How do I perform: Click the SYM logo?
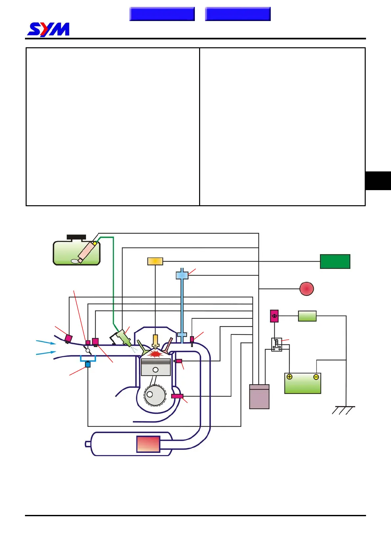pyautogui.click(x=48, y=29)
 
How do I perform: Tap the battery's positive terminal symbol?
pyautogui.click(x=289, y=377)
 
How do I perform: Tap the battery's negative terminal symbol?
pyautogui.click(x=316, y=377)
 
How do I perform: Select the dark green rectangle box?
pyautogui.click(x=335, y=261)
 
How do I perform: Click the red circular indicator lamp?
pyautogui.click(x=307, y=289)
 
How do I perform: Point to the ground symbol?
pyautogui.click(x=343, y=409)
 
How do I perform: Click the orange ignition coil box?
pyautogui.click(x=155, y=261)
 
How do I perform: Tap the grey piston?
pyautogui.click(x=156, y=367)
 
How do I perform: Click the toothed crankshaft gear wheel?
pyautogui.click(x=155, y=395)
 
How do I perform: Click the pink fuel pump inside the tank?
pyautogui.click(x=87, y=251)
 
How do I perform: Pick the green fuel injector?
pyautogui.click(x=123, y=338)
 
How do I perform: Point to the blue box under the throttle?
pyautogui.click(x=88, y=365)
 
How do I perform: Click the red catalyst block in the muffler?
pyautogui.click(x=148, y=444)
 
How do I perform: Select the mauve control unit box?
pyautogui.click(x=259, y=397)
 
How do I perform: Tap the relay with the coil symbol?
pyautogui.click(x=277, y=344)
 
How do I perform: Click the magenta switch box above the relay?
pyautogui.click(x=274, y=316)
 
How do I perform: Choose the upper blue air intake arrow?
pyautogui.click(x=46, y=343)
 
